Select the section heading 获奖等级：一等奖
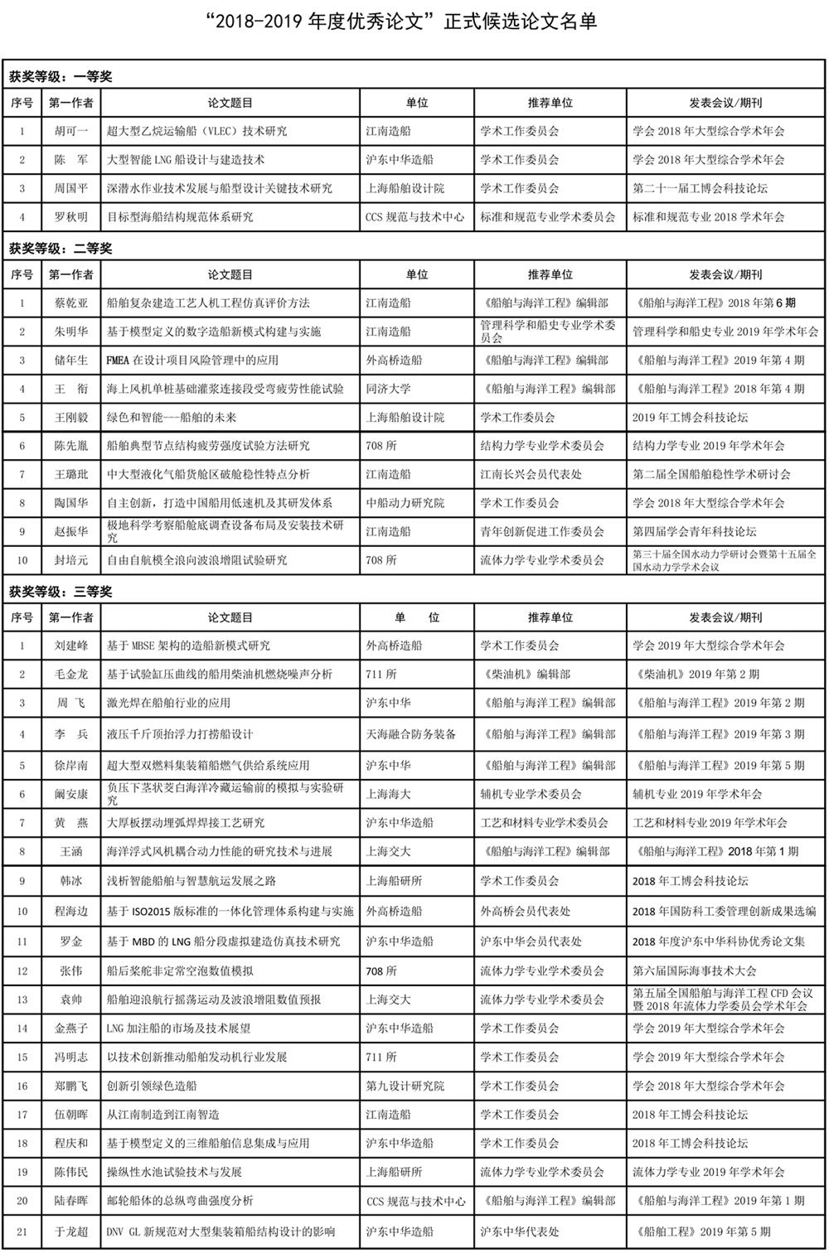(61, 77)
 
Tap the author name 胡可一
(71, 131)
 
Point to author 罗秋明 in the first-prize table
(71, 217)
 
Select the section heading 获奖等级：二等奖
(61, 249)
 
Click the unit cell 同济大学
(389, 389)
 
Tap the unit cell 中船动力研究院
(405, 503)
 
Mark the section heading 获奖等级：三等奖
(61, 592)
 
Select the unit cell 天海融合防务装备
(411, 734)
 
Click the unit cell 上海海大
(389, 794)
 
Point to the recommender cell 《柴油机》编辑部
(526, 675)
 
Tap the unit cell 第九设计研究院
(405, 1086)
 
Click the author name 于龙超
(71, 1232)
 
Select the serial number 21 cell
(22, 1232)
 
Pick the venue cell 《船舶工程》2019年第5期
(701, 1232)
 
